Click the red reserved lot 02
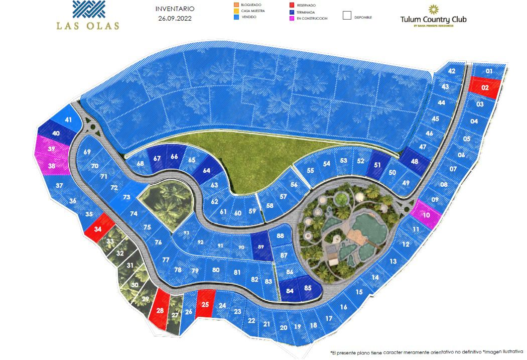[x=485, y=87]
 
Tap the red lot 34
[x=98, y=229]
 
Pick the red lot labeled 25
[x=205, y=304]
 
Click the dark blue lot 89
[x=260, y=247]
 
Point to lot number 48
[x=414, y=162]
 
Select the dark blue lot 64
[x=206, y=170]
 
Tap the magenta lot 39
[x=51, y=149]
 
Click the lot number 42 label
[x=452, y=71]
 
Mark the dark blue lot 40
[x=56, y=133]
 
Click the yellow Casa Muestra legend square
[x=237, y=11]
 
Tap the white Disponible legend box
[x=347, y=15]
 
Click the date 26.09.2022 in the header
[x=175, y=18]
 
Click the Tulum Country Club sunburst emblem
[x=433, y=10]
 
